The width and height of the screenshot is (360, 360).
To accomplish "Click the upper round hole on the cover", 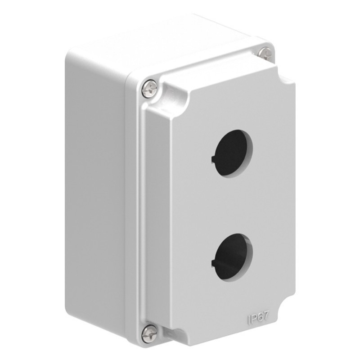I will (x=234, y=153).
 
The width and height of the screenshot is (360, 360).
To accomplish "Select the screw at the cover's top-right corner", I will (x=266, y=54).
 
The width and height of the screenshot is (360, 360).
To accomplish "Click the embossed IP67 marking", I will (x=259, y=318).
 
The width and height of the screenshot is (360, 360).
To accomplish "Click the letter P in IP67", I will (x=254, y=319).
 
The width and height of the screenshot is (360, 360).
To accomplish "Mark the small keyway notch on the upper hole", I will (x=212, y=158).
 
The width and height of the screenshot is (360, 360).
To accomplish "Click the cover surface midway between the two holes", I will (x=234, y=205).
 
